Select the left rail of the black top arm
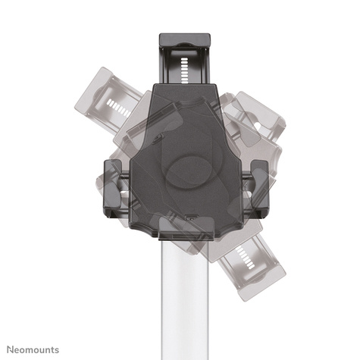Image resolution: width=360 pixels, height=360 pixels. coord(165,64)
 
